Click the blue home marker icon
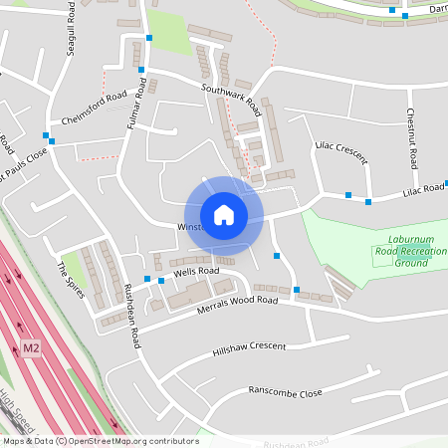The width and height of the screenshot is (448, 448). click(224, 215)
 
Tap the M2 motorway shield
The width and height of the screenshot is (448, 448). click(32, 348)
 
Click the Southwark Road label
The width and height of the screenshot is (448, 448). click(230, 96)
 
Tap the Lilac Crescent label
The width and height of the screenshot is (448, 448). click(340, 152)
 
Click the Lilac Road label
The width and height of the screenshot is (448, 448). click(424, 189)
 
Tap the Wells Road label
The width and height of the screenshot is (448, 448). click(195, 271)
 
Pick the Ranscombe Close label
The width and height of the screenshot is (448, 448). click(286, 392)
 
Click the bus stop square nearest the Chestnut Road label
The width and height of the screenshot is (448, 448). click(368, 202)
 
